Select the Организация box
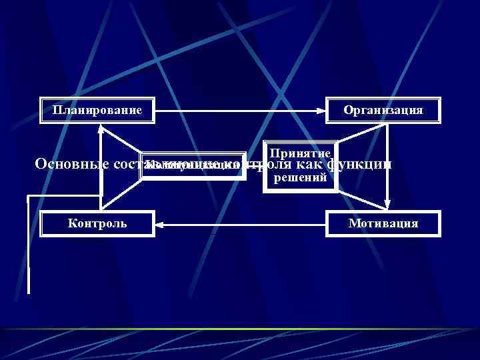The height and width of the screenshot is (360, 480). pos(383,110)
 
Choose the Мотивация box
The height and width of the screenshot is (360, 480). pos(383,223)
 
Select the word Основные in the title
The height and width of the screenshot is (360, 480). pos(67,165)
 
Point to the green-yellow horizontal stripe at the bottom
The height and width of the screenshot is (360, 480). pos(240,329)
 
